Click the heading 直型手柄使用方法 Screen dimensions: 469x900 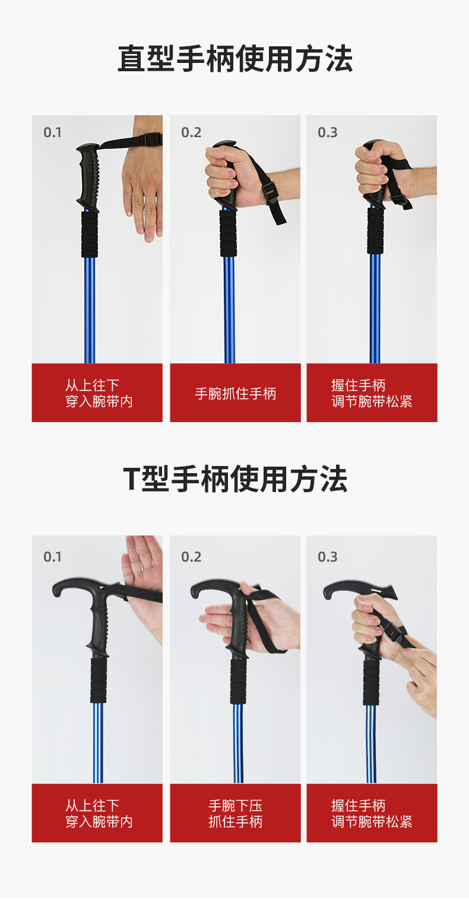coord(235,59)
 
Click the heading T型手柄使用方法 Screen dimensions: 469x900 coord(235,479)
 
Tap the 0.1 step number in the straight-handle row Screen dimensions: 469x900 coord(52,132)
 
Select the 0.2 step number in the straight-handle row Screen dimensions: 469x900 coord(191,132)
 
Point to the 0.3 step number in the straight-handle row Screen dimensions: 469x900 coord(328,132)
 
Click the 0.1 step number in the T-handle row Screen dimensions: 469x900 coord(52,557)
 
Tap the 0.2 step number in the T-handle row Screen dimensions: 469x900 coord(191,557)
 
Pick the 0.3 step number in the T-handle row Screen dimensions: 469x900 coord(328,557)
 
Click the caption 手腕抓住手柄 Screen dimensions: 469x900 coord(236,394)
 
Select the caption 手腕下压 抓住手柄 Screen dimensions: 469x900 coord(236,813)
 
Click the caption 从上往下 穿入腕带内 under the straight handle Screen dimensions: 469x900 coord(99,394)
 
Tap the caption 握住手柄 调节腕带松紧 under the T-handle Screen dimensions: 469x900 coord(372,813)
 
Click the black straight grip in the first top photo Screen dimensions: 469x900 coord(89,177)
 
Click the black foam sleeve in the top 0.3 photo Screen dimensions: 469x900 coord(375,230)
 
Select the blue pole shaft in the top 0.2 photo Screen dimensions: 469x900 coord(230,310)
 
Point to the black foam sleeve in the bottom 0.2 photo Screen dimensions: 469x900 coord(238,681)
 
